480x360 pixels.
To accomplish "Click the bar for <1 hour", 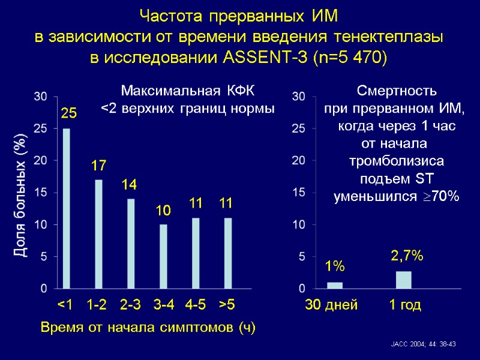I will (x=66, y=209).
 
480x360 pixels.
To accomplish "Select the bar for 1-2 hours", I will (x=98, y=234).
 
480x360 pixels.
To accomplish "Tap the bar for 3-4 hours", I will (x=163, y=256).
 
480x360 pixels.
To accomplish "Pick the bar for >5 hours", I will (x=227, y=253).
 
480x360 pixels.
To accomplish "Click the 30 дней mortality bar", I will (x=335, y=285).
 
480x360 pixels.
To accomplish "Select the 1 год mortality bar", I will (x=404, y=280).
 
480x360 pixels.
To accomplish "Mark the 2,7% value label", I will (x=407, y=256).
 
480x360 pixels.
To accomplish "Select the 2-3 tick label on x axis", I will (x=130, y=305).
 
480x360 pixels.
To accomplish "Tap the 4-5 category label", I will (x=196, y=305).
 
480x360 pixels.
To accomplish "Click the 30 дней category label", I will (x=331, y=305).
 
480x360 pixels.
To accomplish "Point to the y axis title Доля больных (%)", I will (x=20, y=196).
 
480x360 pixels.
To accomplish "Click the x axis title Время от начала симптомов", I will (x=148, y=328).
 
